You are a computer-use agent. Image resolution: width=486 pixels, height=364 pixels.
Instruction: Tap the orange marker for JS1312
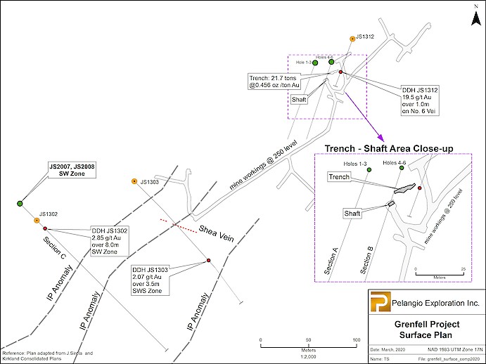pyautogui.click(x=351, y=39)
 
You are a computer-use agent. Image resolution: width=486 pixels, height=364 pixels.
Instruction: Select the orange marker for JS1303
pyautogui.click(x=134, y=182)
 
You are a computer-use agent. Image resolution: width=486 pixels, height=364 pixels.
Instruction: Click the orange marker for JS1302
pyautogui.click(x=37, y=220)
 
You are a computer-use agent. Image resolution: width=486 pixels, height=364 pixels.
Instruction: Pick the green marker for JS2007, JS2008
pyautogui.click(x=20, y=203)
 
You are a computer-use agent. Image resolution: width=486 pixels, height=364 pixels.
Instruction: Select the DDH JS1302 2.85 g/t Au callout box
pyautogui.click(x=110, y=241)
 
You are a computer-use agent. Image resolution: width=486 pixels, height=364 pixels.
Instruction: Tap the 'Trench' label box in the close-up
pyautogui.click(x=340, y=178)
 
